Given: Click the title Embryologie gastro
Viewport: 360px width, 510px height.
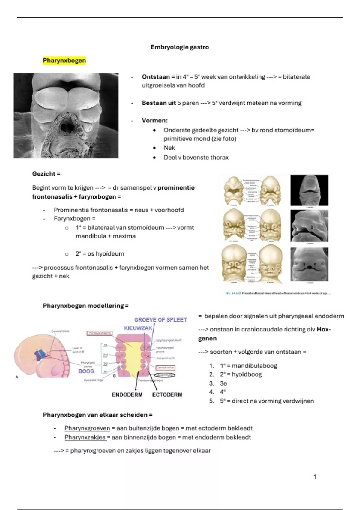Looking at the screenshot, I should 180,47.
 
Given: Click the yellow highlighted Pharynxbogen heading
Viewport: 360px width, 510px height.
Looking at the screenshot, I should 64,61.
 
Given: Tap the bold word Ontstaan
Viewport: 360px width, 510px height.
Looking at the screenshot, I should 156,77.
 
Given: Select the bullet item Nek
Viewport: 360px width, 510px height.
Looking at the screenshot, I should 169,148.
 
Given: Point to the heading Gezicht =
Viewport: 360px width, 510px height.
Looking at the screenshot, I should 46,174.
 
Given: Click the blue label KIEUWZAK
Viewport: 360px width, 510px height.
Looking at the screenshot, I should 138,328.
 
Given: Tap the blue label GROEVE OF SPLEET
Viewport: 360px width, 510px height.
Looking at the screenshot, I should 160,320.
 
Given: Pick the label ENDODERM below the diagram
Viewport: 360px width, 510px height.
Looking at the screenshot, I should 127,395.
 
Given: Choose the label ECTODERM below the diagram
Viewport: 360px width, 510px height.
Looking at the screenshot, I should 167,395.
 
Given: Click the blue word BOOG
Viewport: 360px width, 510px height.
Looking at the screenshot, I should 86,371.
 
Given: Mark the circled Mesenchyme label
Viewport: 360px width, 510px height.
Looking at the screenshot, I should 165,375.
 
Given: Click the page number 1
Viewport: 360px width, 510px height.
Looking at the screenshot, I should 315,476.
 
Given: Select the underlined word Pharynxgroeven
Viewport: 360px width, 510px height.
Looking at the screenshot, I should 87,428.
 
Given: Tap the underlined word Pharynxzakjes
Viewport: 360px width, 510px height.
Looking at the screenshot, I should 85,437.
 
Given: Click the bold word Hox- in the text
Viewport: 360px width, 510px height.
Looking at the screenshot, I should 324,329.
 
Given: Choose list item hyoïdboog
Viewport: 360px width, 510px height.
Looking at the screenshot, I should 247,374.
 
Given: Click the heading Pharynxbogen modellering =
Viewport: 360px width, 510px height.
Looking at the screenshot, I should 85,306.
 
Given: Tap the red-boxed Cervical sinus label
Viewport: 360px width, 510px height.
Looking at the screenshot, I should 165,367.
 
